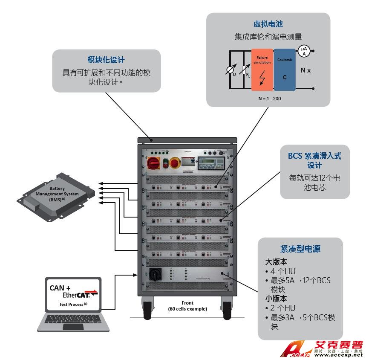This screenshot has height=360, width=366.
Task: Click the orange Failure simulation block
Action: click(262, 69)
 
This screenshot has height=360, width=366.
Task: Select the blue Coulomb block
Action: click(285, 69)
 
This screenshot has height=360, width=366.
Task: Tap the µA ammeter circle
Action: click(303, 51)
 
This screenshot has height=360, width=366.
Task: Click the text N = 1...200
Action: click(269, 99)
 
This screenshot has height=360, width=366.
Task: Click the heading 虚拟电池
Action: click(268, 24)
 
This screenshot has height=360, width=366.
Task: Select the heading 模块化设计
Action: click(106, 60)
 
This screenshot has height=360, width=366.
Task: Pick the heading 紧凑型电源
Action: click(300, 249)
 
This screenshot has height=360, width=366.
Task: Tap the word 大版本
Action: click(276, 261)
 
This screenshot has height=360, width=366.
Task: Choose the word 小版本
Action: click(276, 299)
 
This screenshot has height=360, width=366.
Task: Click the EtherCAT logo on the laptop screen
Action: click(80, 294)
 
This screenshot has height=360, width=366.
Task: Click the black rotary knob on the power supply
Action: click(154, 275)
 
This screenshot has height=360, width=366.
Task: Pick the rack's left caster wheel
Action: click(148, 308)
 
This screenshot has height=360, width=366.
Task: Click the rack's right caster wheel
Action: click(226, 308)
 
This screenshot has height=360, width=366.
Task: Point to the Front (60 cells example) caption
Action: click(187, 306)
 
